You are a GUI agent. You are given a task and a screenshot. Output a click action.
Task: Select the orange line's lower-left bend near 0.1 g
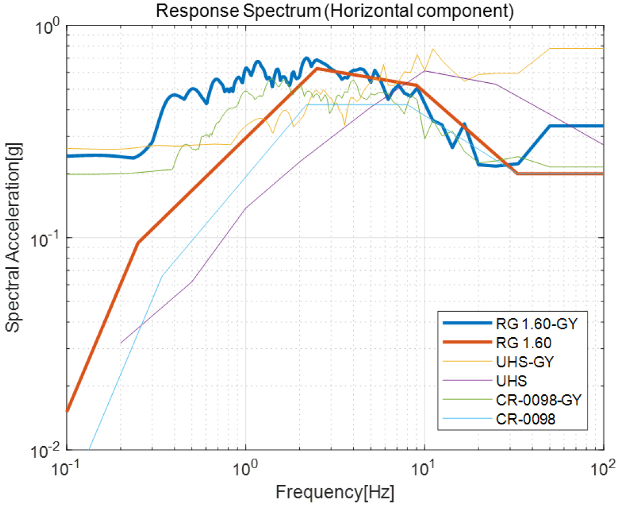point(138,243)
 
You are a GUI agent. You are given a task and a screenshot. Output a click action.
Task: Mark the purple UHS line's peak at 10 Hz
point(425,71)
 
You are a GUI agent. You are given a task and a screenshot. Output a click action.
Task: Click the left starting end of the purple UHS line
point(120,343)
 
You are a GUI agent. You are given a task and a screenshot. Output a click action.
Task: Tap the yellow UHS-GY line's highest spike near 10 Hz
point(433,48)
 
